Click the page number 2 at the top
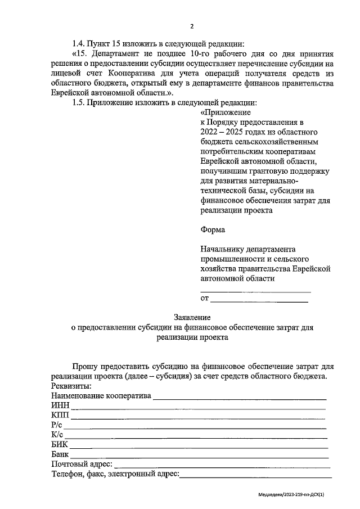tap(192, 26)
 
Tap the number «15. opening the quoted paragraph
tap(80, 55)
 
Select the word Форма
tap(213, 229)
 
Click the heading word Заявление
tap(192, 318)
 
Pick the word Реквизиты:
tap(71, 386)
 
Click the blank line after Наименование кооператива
tap(240, 397)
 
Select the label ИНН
tap(58, 406)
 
